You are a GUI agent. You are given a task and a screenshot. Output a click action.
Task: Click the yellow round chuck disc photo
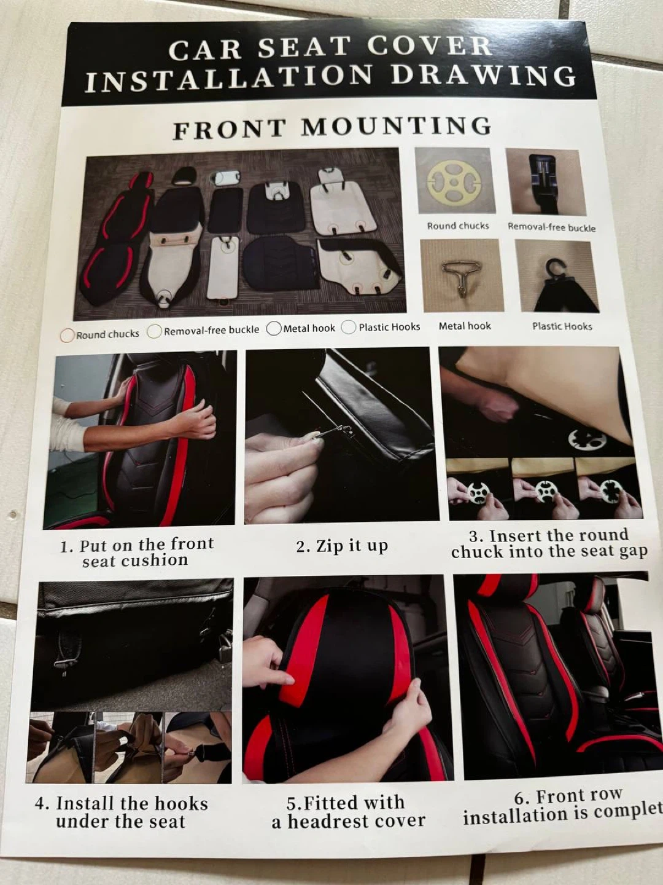(x=454, y=183)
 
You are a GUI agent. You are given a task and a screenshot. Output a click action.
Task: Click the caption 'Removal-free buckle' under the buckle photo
(x=551, y=227)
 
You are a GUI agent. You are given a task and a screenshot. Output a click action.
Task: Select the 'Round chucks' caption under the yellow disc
(x=458, y=226)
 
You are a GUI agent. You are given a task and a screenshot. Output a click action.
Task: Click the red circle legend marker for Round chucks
(x=68, y=336)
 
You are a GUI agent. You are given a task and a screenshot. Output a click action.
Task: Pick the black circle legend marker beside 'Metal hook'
(x=274, y=329)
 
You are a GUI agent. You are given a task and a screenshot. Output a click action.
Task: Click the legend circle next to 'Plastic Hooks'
(x=349, y=328)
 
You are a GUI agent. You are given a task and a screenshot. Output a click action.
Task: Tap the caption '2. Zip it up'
(x=342, y=546)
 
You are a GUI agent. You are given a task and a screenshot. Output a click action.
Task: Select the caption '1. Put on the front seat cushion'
(x=136, y=553)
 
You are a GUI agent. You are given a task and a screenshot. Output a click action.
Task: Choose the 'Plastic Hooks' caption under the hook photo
(x=562, y=326)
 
